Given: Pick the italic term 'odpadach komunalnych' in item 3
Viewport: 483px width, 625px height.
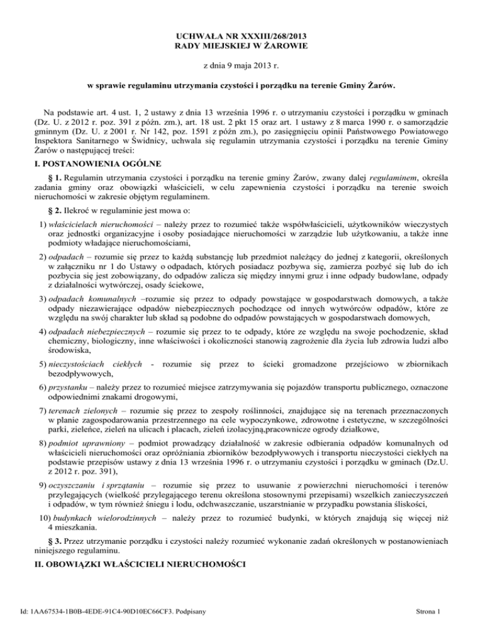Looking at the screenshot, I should [x=75, y=301].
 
